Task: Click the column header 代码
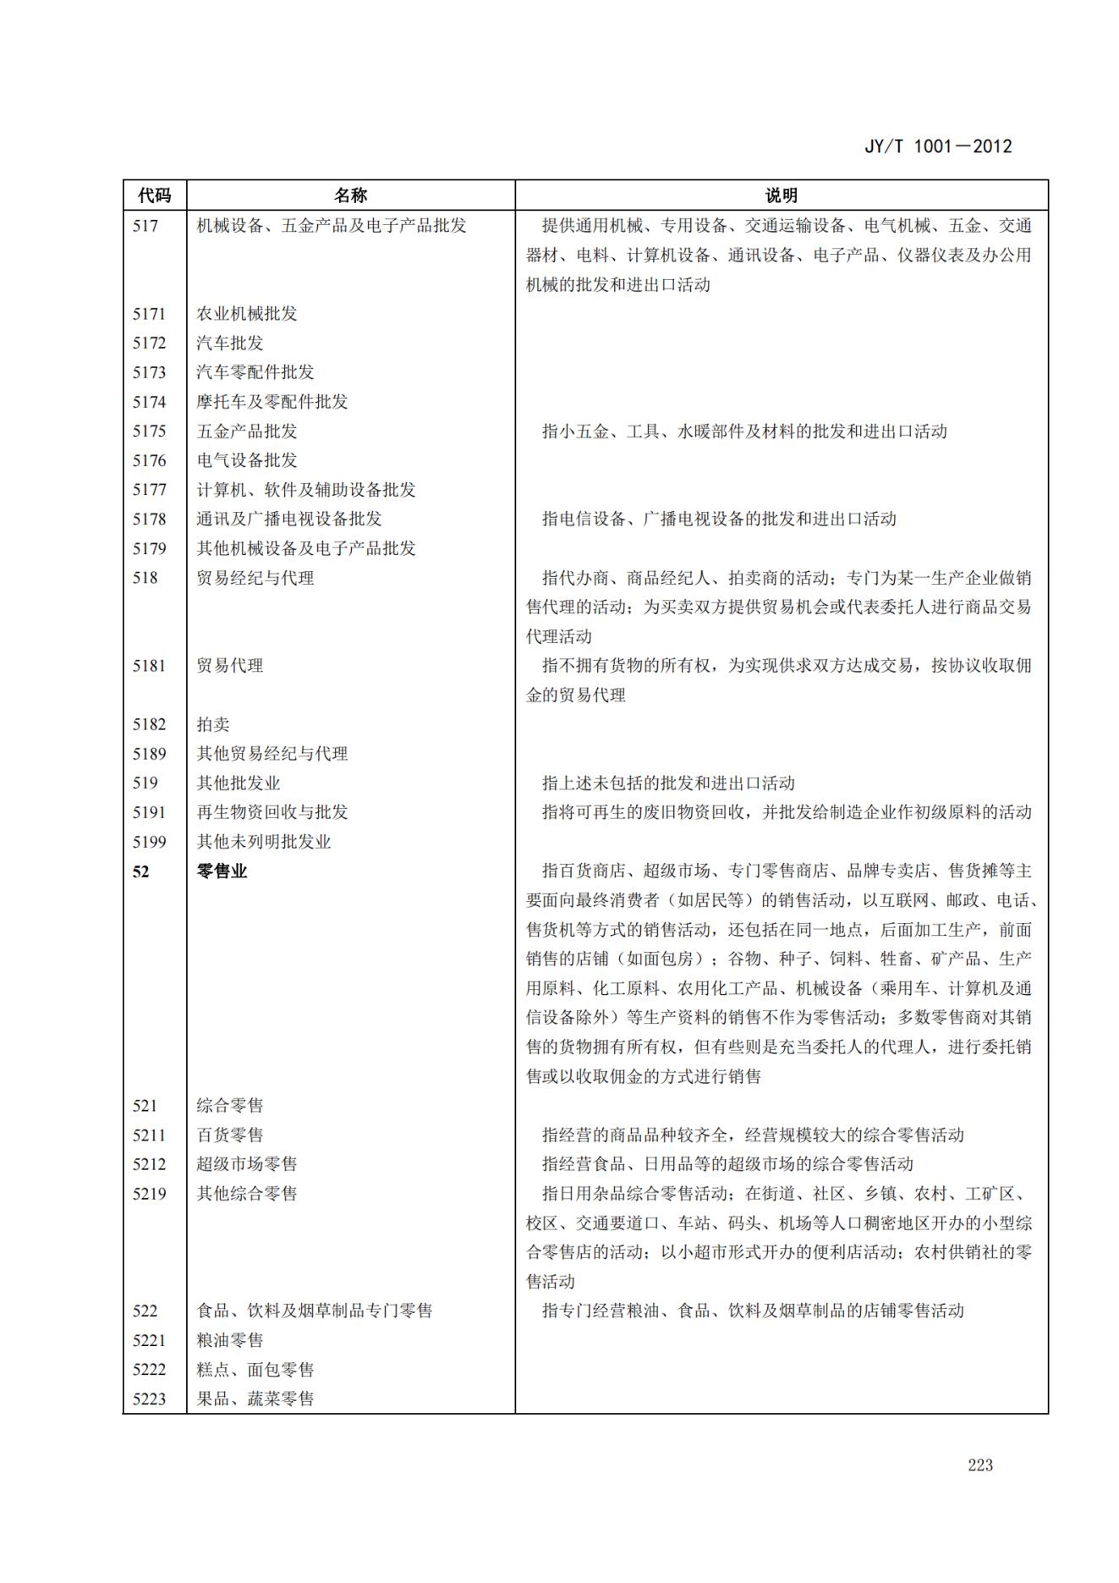tap(154, 195)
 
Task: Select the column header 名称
tap(350, 195)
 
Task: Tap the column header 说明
tap(781, 195)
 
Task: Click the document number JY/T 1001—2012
tap(937, 146)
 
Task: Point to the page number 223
tap(980, 1465)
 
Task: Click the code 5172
tap(149, 343)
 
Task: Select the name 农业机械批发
tap(247, 314)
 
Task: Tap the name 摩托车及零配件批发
tap(272, 402)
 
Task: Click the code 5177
tap(149, 490)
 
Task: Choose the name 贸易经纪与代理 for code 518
tap(255, 578)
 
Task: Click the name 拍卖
tap(213, 724)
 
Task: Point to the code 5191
tap(149, 812)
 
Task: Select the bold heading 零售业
tap(222, 871)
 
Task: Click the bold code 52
tap(140, 871)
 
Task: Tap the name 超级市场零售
tap(247, 1164)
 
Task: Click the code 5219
tap(149, 1194)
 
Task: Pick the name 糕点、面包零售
tap(255, 1370)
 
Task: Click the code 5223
tap(149, 1399)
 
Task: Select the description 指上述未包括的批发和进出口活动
tap(668, 783)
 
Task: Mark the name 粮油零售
tap(230, 1340)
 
